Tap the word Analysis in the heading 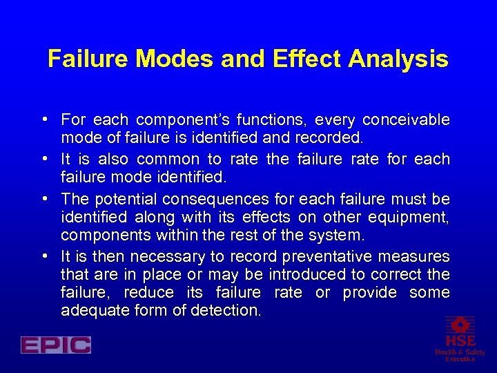pos(398,59)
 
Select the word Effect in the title pos(304,59)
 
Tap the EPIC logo pos(56,345)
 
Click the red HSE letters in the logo pos(460,341)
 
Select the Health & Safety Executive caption pos(460,355)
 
